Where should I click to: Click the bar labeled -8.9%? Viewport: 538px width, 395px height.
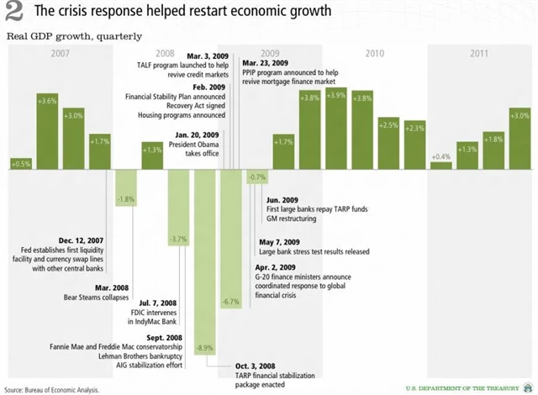pyautogui.click(x=205, y=261)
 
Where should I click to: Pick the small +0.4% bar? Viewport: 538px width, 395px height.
pyautogui.click(x=440, y=165)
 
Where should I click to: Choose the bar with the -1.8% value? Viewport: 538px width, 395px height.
pyautogui.click(x=126, y=189)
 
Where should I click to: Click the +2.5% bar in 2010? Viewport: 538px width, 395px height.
pyautogui.click(x=388, y=143)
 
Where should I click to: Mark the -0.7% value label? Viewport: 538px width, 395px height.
pyautogui.click(x=257, y=176)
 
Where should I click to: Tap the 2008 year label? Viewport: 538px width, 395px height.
pyautogui.click(x=165, y=52)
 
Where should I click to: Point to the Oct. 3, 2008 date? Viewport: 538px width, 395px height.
pyautogui.click(x=259, y=367)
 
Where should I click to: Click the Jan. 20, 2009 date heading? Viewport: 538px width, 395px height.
pyautogui.click(x=198, y=134)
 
